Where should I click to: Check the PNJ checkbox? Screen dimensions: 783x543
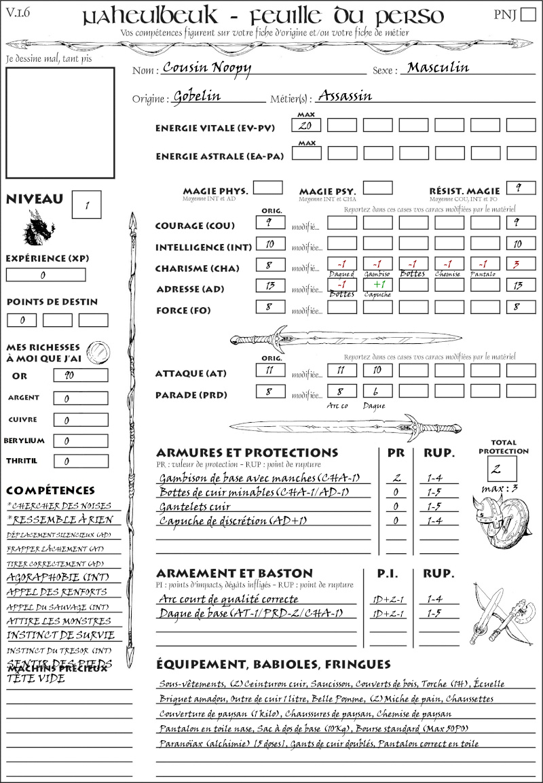[527, 15]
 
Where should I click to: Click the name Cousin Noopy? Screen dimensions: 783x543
[208, 68]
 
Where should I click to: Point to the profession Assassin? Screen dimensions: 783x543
[345, 95]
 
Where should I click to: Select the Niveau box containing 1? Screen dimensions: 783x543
[88, 204]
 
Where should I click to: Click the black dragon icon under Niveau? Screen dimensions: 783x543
[38, 228]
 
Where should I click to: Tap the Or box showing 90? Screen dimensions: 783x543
[80, 375]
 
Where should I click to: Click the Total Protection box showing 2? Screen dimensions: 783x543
[502, 468]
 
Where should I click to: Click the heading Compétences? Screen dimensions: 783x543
[50, 491]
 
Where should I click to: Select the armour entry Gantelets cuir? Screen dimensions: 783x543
[195, 506]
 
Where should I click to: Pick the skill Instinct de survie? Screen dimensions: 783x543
[60, 636]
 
